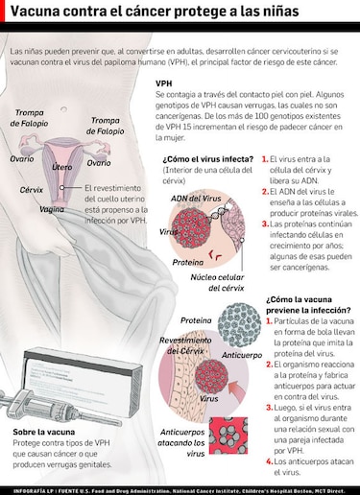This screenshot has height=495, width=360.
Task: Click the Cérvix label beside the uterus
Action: click(32, 190)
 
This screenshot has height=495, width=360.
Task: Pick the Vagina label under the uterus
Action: click(53, 208)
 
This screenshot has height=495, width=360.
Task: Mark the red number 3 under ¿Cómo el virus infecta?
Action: click(264, 225)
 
